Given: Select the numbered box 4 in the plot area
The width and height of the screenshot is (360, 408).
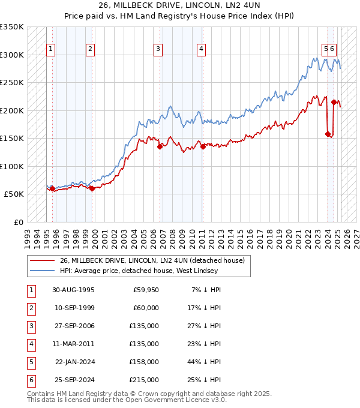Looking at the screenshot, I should (x=201, y=49).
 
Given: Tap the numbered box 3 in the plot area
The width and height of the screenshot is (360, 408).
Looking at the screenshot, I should (x=158, y=49).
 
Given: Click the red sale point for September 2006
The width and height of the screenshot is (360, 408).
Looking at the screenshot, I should (x=160, y=146).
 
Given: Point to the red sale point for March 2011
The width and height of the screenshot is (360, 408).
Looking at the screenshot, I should (x=203, y=146).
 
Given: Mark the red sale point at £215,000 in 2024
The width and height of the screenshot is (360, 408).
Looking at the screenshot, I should (x=334, y=102).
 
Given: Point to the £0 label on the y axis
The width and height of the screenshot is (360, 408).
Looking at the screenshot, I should (x=19, y=222).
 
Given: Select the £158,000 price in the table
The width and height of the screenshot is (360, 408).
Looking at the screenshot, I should (x=143, y=362).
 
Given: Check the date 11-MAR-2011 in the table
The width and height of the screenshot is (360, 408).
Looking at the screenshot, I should (x=73, y=344).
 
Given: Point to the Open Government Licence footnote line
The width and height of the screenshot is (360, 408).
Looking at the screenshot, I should (x=127, y=400).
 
